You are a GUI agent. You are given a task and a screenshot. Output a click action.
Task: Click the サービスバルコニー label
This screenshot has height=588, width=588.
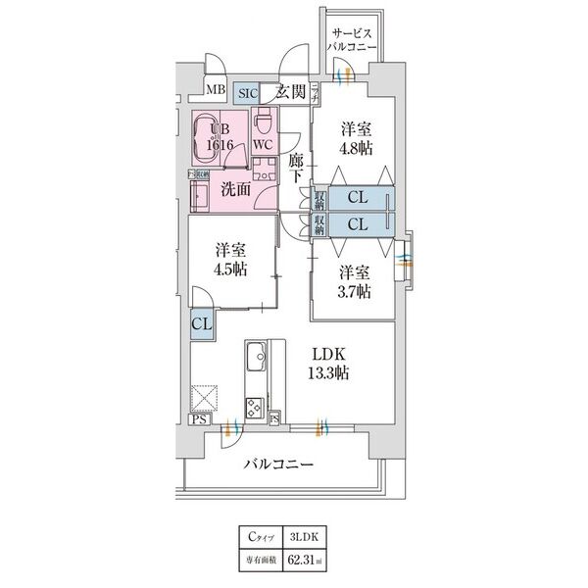(x=350, y=37)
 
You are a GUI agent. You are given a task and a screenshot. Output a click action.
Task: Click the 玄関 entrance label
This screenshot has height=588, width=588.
(x=289, y=93)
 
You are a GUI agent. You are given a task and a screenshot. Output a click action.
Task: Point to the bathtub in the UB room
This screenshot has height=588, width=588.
(x=209, y=139)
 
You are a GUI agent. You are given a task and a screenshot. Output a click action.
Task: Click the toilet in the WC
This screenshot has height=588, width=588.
(x=263, y=124)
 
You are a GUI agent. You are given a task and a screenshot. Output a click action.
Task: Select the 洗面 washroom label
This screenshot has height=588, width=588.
(x=235, y=188)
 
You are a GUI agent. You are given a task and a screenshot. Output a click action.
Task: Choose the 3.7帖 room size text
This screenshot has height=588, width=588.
(x=355, y=291)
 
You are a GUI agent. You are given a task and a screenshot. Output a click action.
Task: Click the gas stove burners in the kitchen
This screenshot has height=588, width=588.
(x=256, y=407)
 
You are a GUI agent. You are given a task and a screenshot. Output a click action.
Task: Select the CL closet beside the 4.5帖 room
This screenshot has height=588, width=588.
(x=200, y=322)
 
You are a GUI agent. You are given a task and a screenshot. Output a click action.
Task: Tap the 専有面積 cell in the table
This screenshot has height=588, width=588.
(x=262, y=560)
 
